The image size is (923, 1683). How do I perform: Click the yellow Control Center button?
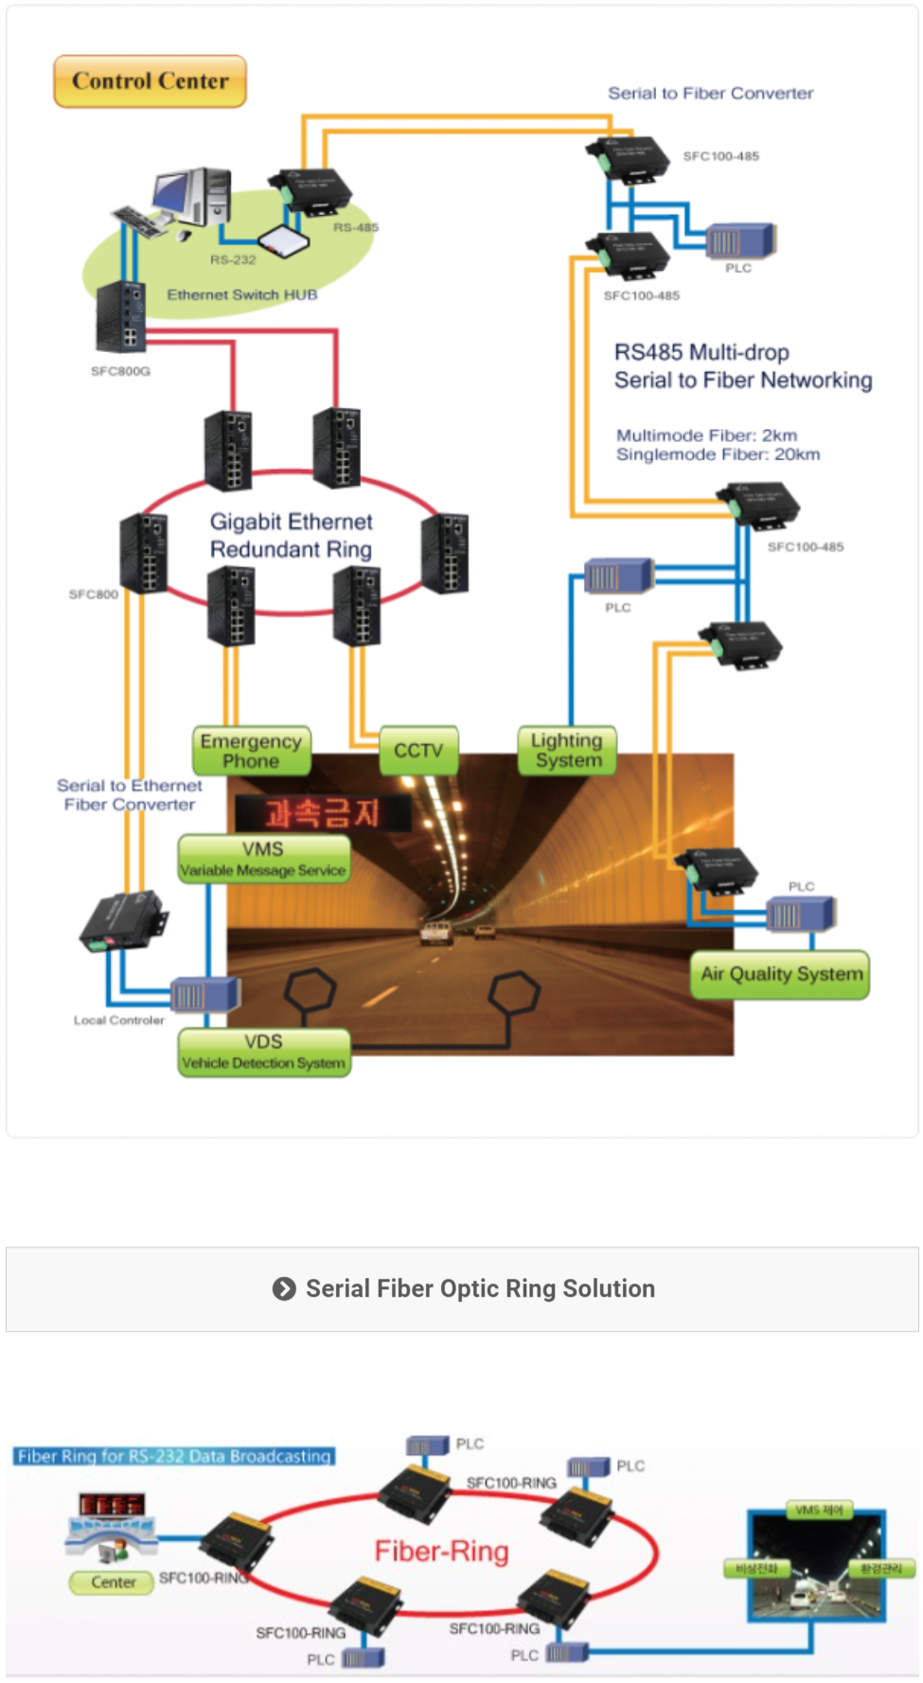pyautogui.click(x=150, y=81)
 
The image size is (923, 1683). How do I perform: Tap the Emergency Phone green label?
pyautogui.click(x=251, y=751)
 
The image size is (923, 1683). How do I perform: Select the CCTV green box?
pyautogui.click(x=418, y=751)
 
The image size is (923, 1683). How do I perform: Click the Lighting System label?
pyautogui.click(x=567, y=751)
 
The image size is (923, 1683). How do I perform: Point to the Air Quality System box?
pyautogui.click(x=780, y=974)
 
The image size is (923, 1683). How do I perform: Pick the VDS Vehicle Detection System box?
pyautogui.click(x=264, y=1052)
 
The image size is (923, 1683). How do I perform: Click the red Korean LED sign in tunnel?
pyautogui.click(x=322, y=813)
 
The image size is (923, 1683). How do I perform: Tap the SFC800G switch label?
pyautogui.click(x=120, y=371)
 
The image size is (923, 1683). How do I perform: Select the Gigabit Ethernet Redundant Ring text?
pyautogui.click(x=291, y=536)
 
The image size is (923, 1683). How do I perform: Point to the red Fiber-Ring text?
pyautogui.click(x=441, y=1551)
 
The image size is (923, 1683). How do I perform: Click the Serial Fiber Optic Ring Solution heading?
pyautogui.click(x=480, y=1289)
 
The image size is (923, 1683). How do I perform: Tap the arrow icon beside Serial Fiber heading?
pyautogui.click(x=284, y=1289)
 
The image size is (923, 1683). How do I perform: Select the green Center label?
pyautogui.click(x=113, y=1582)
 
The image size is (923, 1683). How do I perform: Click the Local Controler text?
pyautogui.click(x=119, y=1020)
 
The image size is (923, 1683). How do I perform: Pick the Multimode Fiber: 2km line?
pyautogui.click(x=706, y=435)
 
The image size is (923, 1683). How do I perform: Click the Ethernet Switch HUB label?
pyautogui.click(x=242, y=295)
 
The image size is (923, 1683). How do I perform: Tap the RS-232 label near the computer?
pyautogui.click(x=233, y=259)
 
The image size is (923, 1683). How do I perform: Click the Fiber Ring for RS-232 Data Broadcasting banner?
pyautogui.click(x=174, y=1456)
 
